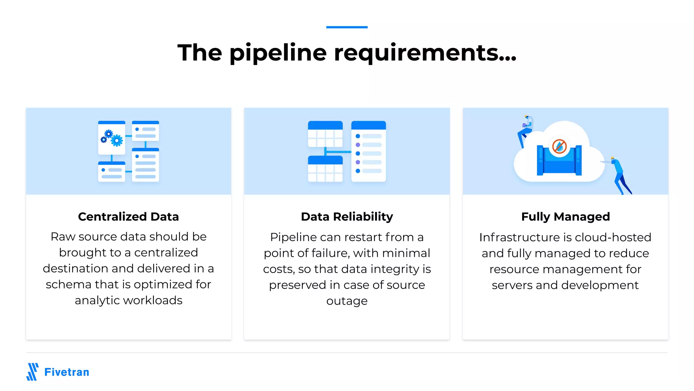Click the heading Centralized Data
(x=128, y=217)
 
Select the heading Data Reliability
(x=347, y=217)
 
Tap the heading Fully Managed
(x=565, y=217)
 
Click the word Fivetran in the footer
(x=67, y=372)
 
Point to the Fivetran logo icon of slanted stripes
(x=33, y=372)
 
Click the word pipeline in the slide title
(x=278, y=53)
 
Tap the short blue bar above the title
(x=347, y=27)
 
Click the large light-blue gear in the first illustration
(x=117, y=140)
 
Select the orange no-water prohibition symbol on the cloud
(x=559, y=146)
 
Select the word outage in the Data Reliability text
(x=347, y=301)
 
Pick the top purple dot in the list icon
(x=358, y=145)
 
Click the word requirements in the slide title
(x=425, y=53)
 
